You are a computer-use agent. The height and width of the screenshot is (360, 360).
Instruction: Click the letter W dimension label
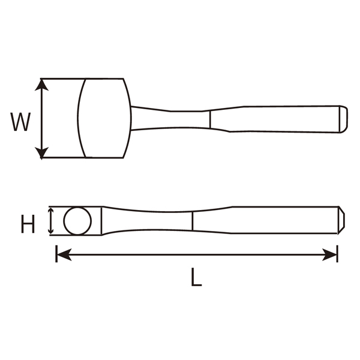tap(20, 122)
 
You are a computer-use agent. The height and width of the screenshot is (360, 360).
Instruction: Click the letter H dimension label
tap(28, 225)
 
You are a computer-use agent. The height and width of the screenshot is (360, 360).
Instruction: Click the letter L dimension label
tap(196, 278)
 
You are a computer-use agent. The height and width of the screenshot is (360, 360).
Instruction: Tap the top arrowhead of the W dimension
tap(41, 85)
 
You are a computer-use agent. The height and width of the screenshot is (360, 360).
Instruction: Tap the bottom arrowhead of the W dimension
tap(41, 154)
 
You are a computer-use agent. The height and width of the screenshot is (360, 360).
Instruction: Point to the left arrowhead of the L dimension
tap(61, 255)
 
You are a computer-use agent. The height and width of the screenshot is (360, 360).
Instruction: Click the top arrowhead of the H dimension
tap(50, 211)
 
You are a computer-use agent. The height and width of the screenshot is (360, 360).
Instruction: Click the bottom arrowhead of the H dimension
tap(50, 231)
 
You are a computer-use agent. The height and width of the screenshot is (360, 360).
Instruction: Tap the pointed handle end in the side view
tap(341, 220)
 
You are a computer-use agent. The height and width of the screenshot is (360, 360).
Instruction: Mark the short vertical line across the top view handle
tap(209, 119)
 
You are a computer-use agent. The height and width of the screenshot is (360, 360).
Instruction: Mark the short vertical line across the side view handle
tap(192, 221)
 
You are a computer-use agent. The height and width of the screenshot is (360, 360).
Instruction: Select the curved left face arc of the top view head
tap(79, 118)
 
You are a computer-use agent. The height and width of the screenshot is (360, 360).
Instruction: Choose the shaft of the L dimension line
tap(198, 255)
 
